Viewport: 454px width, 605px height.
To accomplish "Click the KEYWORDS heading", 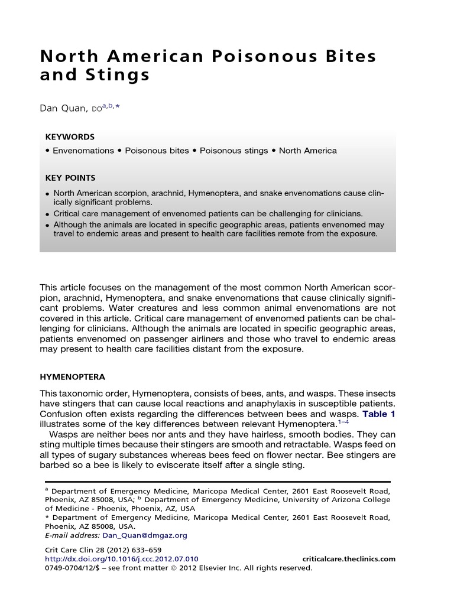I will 70,136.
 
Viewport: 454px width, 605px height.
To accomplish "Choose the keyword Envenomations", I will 83,151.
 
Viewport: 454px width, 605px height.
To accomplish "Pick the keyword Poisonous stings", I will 234,151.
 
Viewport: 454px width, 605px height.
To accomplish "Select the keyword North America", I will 307,151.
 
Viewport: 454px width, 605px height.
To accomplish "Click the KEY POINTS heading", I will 70,177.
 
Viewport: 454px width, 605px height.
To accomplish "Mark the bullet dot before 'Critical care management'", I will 47,213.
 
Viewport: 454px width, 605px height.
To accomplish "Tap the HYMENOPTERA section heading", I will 72,377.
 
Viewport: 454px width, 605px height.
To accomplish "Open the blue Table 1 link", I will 379,414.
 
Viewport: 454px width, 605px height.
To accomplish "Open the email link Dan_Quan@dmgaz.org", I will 145,535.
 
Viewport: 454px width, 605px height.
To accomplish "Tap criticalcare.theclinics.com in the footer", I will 348,559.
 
